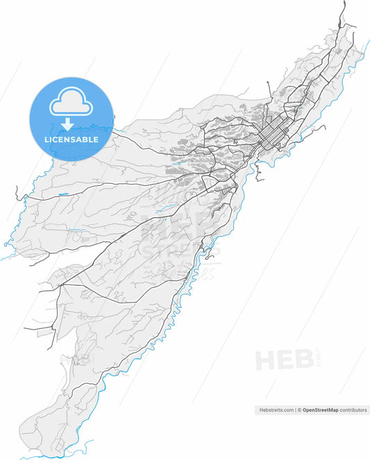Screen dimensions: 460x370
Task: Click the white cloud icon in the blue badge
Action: [71, 104]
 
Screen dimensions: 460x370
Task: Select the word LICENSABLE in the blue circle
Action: [71, 139]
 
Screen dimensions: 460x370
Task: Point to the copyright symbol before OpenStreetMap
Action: [300, 410]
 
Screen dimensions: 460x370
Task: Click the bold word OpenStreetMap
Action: [320, 410]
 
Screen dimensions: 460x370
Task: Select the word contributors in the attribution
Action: [353, 410]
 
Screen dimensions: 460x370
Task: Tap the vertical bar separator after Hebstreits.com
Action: [296, 410]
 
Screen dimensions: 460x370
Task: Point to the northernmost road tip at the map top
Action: [344, 3]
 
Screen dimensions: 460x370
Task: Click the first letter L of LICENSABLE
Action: [47, 139]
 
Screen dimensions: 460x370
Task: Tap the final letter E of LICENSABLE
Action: [96, 139]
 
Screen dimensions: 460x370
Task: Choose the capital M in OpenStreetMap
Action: [330, 410]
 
